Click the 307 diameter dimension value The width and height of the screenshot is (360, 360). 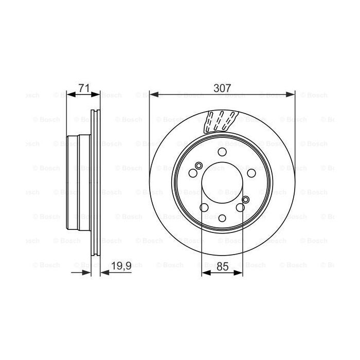point(222,88)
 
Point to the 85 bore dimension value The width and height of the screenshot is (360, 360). point(222,266)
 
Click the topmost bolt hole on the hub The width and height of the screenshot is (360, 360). point(222,152)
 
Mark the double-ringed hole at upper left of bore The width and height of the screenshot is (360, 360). point(199,165)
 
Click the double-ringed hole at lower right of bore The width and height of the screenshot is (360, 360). point(246,200)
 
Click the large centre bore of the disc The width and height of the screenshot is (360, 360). point(222,184)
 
